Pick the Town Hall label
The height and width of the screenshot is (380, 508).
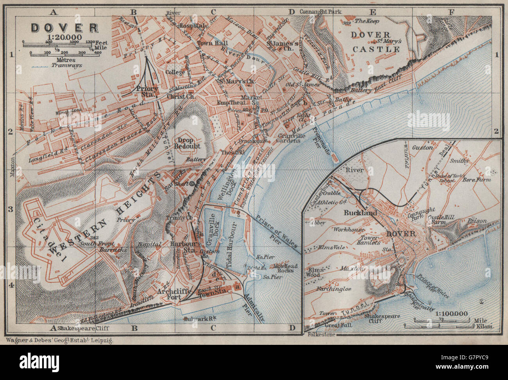(210, 43)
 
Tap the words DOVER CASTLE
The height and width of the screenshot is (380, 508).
(376, 42)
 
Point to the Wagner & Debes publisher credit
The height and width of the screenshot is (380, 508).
(59, 341)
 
